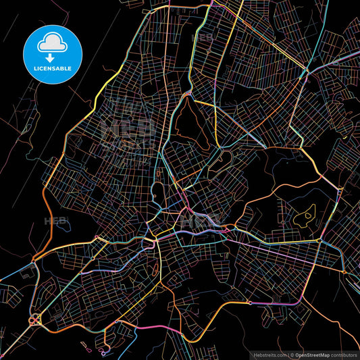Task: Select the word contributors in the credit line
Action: coord(344,354)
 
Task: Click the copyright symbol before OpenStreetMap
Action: coord(291,354)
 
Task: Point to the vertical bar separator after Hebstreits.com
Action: coord(286,354)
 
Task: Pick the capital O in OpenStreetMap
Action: coord(297,354)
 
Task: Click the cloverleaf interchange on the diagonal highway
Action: coord(33,319)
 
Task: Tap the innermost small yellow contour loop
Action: coord(308,215)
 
